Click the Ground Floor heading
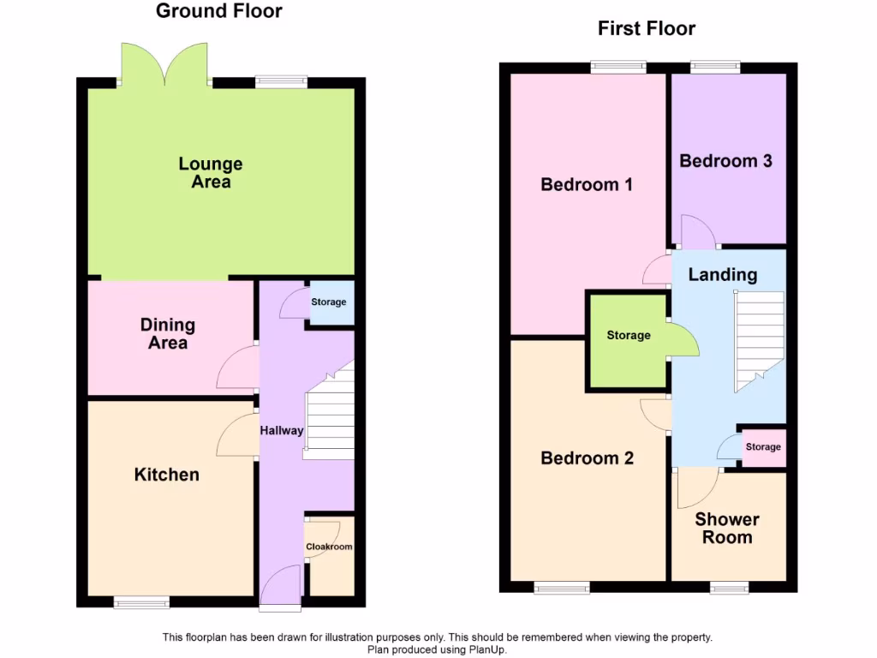(218, 11)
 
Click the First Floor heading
(647, 28)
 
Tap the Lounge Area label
(211, 172)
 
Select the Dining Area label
(168, 333)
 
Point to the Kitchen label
(167, 475)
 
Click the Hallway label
(282, 430)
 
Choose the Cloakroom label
(330, 547)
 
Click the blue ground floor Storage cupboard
(330, 302)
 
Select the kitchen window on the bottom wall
(142, 603)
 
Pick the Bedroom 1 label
(587, 184)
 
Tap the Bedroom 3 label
(725, 161)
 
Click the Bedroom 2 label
(587, 458)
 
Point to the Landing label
(723, 275)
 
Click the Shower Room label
(727, 529)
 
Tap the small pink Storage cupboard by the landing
(762, 447)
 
